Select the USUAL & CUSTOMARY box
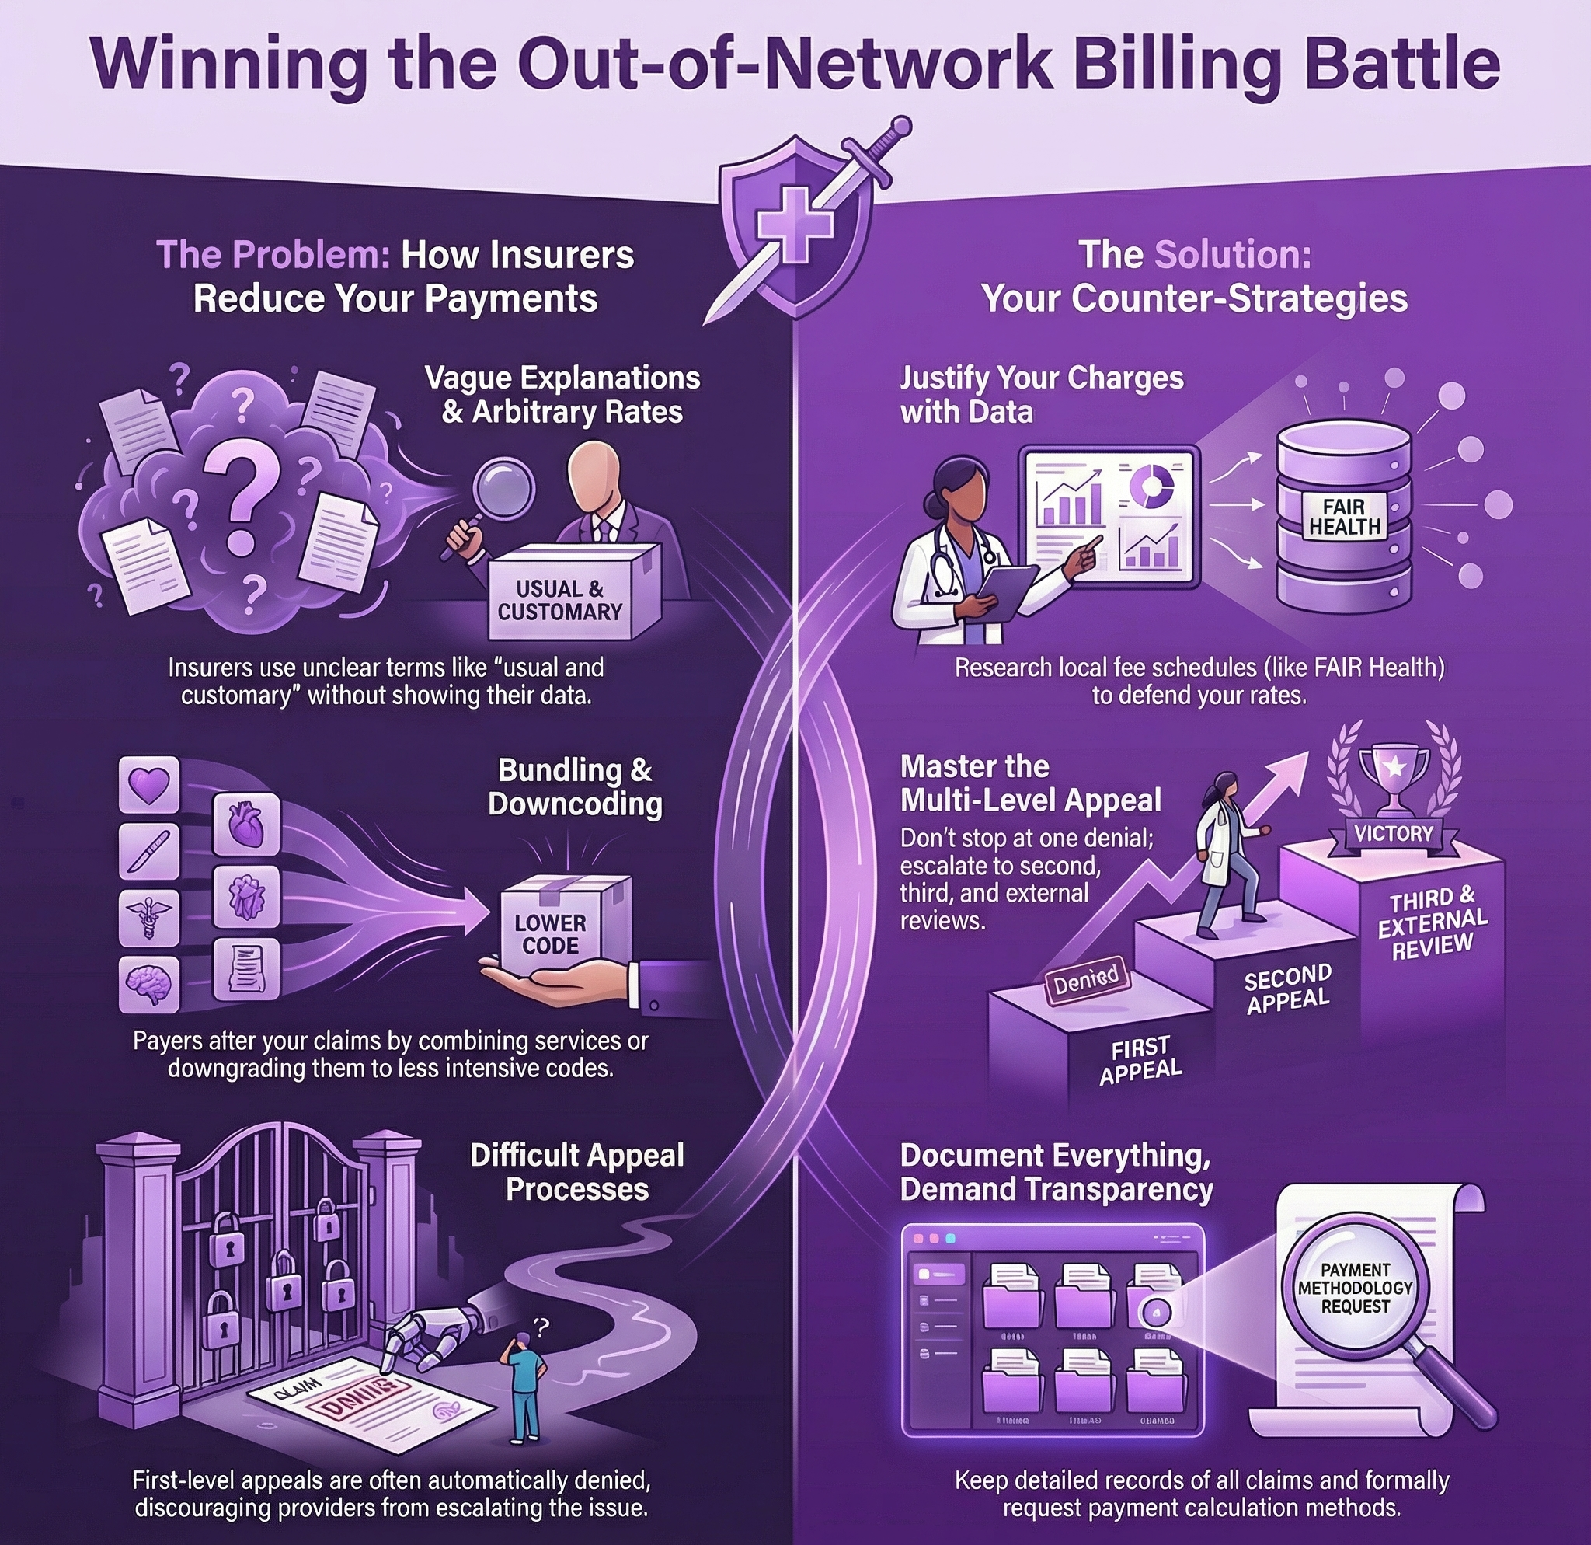[559, 600]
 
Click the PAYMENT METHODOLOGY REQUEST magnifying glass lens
[1355, 1289]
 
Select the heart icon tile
[149, 785]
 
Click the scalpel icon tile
[149, 852]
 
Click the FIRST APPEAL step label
[1140, 1060]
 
